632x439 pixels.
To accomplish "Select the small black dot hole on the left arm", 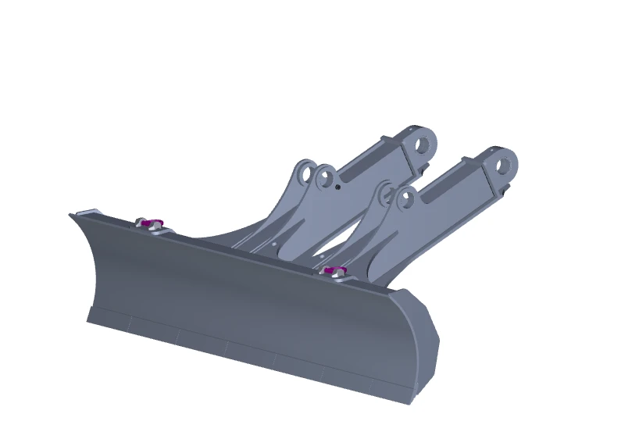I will tap(337, 187).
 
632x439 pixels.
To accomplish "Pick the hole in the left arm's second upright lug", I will tap(326, 176).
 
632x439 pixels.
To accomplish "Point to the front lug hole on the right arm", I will tap(404, 200).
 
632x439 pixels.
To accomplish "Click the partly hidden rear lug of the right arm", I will tap(385, 192).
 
